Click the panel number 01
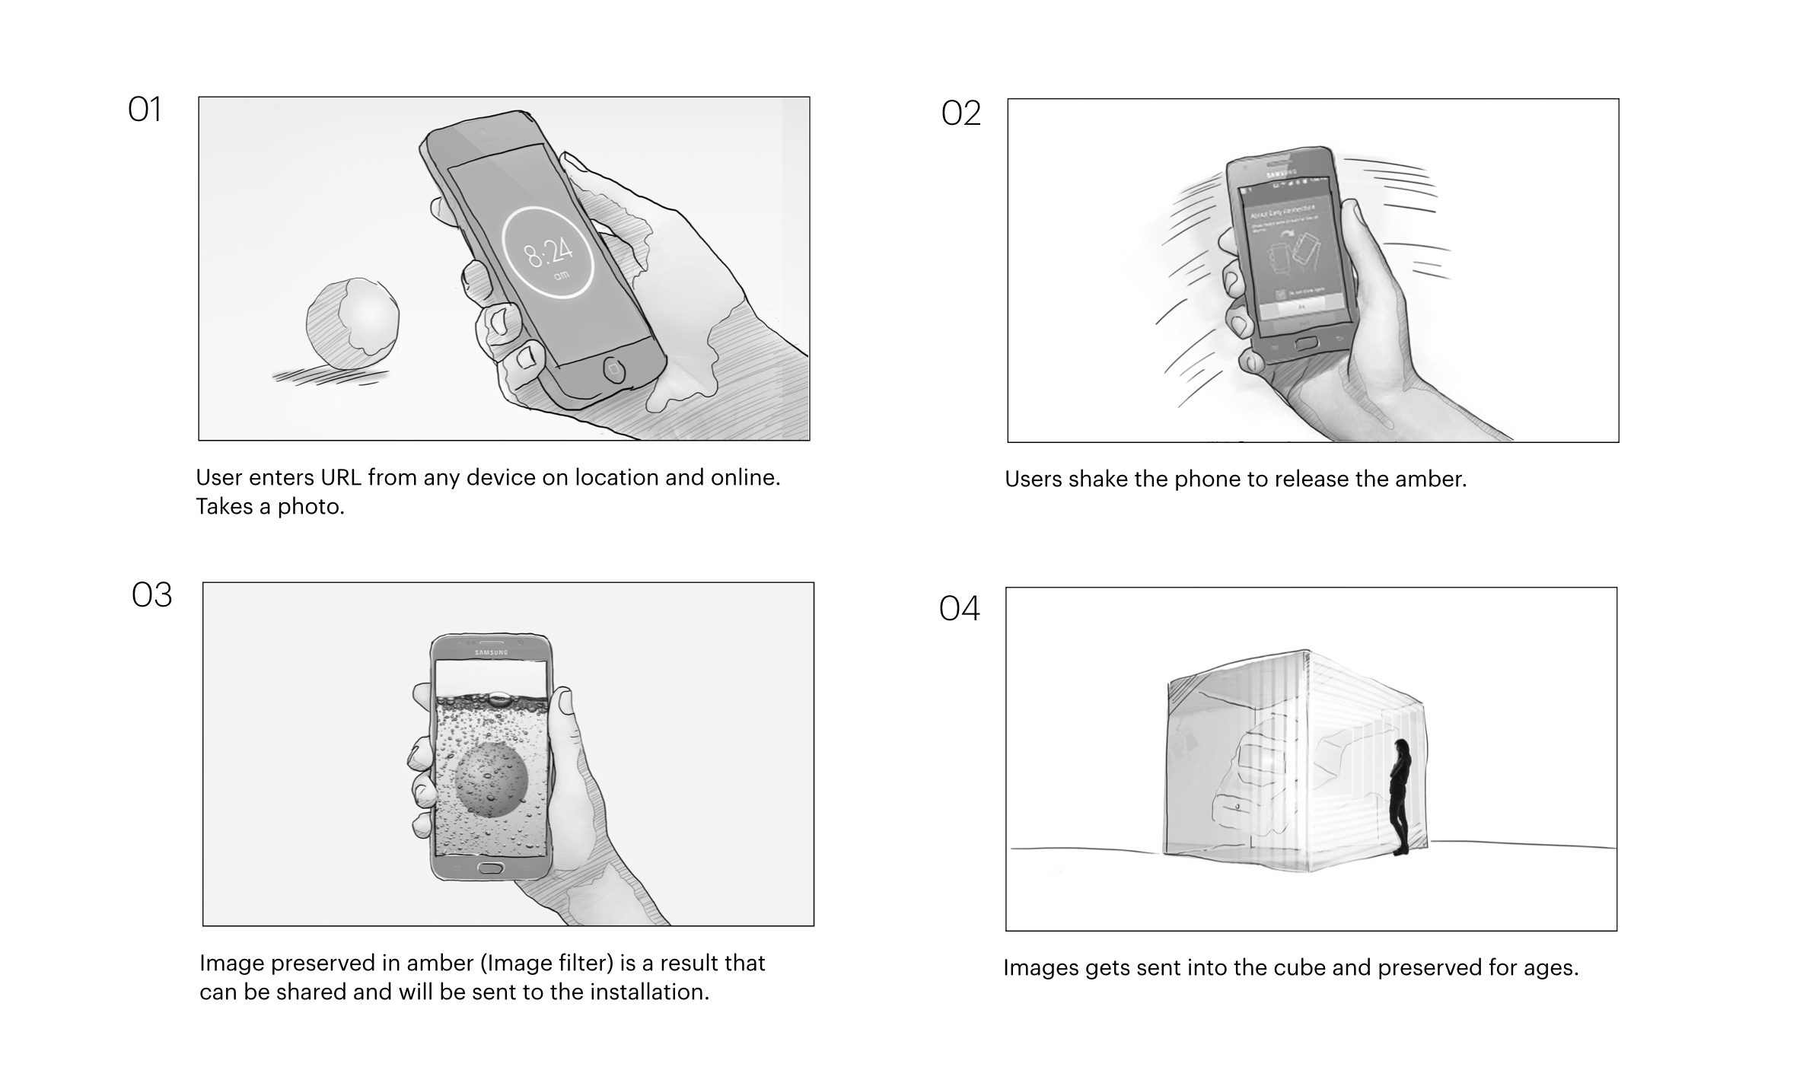145,110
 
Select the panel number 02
960,114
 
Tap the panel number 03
151,595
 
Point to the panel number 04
959,609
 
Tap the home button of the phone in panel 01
613,371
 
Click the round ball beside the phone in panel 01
353,323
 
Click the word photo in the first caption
311,507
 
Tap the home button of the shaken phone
1306,343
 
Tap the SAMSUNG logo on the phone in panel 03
491,653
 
